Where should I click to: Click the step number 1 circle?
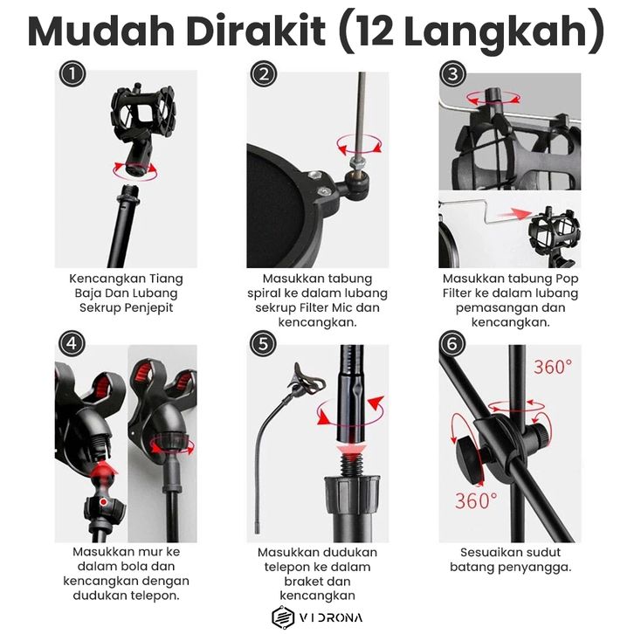(x=72, y=74)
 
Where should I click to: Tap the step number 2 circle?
(x=264, y=74)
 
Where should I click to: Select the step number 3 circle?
(x=452, y=74)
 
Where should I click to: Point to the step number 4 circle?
(x=72, y=344)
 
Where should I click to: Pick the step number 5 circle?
(x=264, y=344)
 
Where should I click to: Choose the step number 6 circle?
(x=452, y=344)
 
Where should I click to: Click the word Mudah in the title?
(x=101, y=31)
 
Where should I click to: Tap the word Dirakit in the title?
(x=256, y=31)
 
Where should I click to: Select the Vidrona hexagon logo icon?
(x=283, y=617)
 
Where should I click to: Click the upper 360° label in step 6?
(x=553, y=367)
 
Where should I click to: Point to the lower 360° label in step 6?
(x=476, y=500)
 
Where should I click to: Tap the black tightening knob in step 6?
(x=470, y=456)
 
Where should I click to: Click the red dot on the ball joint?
(x=104, y=502)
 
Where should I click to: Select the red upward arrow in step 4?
(x=103, y=470)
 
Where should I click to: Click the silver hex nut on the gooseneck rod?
(x=356, y=162)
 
